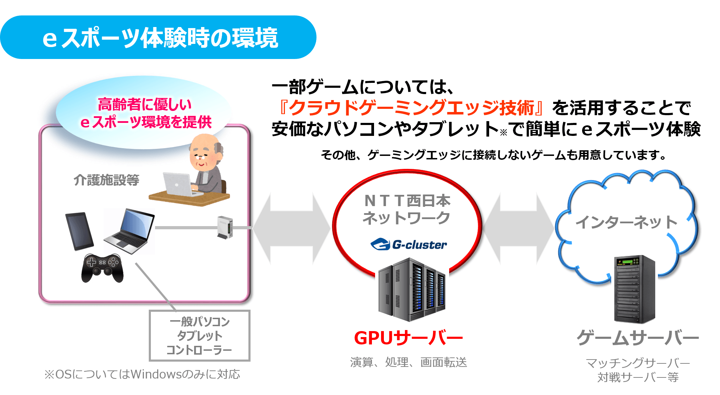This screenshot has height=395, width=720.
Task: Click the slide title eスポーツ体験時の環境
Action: point(160,38)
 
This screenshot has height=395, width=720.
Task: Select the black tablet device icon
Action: point(79,231)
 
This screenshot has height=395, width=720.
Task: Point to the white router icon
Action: point(225,228)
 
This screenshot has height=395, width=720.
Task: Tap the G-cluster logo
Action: point(409,244)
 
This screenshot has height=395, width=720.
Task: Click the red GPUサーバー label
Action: point(408,338)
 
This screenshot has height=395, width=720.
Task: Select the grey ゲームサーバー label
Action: point(638,338)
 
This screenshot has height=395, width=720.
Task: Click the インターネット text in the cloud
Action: point(626,222)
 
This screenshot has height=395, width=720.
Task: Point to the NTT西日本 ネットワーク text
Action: point(407,209)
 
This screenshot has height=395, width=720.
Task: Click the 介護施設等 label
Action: point(106,180)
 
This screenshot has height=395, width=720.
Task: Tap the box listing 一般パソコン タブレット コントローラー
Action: point(199,336)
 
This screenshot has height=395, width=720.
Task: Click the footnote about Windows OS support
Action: point(142,374)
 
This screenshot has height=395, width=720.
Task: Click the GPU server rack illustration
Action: point(411,290)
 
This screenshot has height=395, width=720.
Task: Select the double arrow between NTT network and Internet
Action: point(518,228)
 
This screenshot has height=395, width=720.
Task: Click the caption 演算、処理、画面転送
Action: point(408,362)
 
